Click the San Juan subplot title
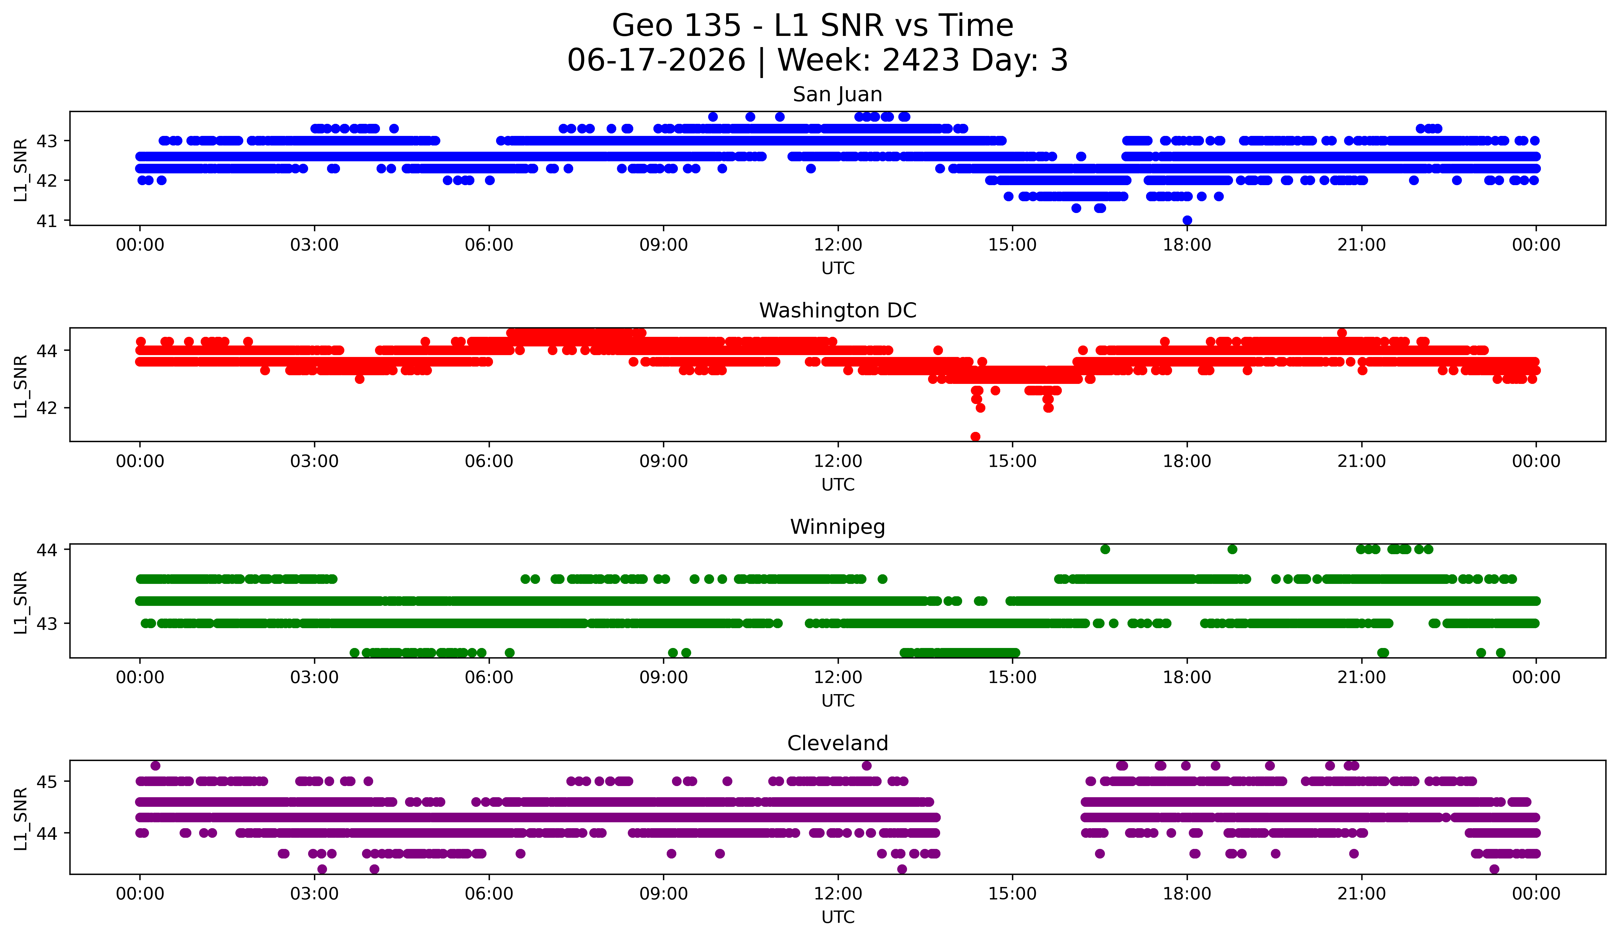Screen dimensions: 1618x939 click(837, 94)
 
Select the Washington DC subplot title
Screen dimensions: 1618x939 click(837, 311)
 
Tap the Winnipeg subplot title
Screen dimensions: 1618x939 click(837, 527)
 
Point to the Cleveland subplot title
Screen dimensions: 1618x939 click(837, 743)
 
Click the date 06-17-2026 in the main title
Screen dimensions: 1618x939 click(656, 60)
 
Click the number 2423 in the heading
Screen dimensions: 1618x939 click(921, 60)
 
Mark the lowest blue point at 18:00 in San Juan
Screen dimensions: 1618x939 click(1187, 220)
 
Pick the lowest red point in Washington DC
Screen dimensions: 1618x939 click(975, 437)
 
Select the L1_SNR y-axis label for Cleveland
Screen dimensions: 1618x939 click(20, 819)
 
